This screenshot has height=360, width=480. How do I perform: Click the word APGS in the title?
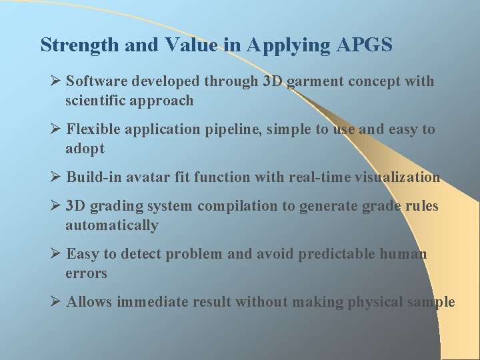365,45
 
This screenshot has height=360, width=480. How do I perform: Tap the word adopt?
85,149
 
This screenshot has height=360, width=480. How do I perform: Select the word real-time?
317,177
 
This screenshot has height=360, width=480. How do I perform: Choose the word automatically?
111,225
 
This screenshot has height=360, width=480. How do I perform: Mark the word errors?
86,273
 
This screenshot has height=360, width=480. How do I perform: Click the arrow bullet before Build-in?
56,177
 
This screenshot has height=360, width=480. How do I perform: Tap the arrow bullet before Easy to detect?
56,253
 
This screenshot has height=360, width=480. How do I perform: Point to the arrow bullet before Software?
56,81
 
